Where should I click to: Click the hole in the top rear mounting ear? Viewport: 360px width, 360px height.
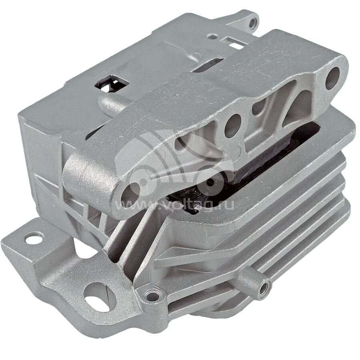[252, 22]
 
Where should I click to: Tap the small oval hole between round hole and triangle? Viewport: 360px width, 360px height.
[258, 107]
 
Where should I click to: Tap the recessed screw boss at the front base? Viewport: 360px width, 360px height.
[152, 296]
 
